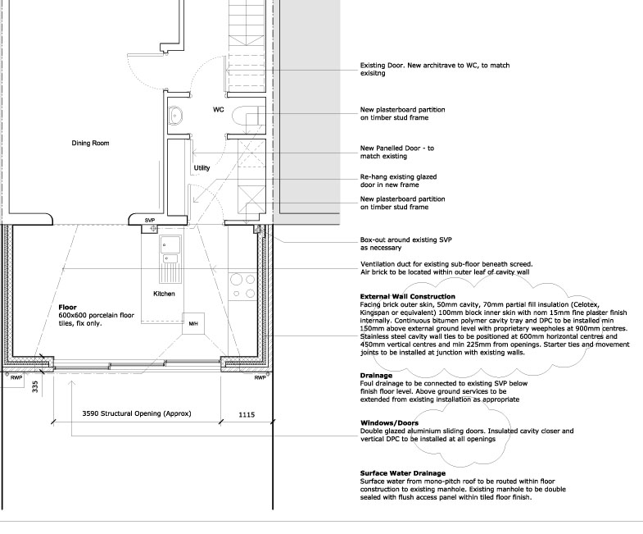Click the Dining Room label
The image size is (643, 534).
coord(90,144)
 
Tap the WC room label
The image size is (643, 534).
coord(219,109)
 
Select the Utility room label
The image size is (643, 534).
coord(202,168)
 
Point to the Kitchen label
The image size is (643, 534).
coord(165,294)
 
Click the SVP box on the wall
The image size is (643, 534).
coord(150,221)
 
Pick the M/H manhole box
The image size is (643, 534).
coord(194,323)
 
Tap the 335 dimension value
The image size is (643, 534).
coord(35,386)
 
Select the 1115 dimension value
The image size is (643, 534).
coord(246,415)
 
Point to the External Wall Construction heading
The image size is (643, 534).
coord(407,296)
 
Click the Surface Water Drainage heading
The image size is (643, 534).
coord(402,473)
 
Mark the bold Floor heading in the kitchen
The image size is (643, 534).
coord(66,308)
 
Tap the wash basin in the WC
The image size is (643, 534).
coord(176,116)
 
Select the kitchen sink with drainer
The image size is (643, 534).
coord(170,255)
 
